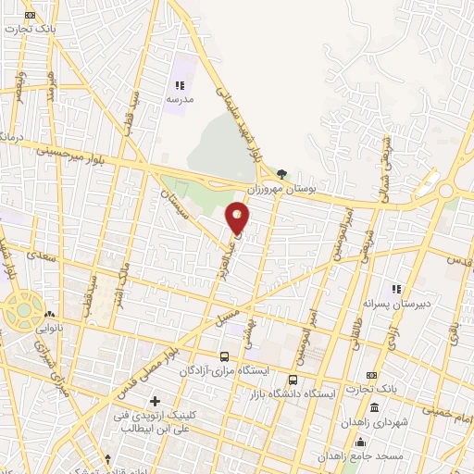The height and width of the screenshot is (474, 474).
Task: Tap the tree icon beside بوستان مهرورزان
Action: click(281, 173)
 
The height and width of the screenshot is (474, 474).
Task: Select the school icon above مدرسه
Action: click(179, 85)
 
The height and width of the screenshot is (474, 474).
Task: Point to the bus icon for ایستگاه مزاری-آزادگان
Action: click(224, 356)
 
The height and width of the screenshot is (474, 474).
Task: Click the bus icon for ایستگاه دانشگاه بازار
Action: click(293, 380)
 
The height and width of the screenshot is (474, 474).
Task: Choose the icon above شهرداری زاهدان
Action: click(373, 408)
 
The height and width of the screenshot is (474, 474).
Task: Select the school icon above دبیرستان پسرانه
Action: click(397, 289)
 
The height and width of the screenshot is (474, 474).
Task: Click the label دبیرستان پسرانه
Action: click(397, 303)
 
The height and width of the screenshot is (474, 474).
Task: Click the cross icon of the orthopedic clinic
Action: click(155, 402)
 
